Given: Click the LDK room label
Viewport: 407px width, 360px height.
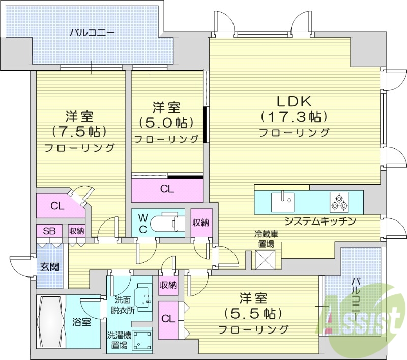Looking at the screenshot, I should tap(294, 100).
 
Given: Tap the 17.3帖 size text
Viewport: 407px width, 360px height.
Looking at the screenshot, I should tap(294, 117).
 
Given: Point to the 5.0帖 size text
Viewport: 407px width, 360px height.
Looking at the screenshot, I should tap(166, 123).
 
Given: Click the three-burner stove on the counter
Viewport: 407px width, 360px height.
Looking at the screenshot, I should tap(339, 202).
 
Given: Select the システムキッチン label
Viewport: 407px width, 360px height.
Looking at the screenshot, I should tap(319, 221).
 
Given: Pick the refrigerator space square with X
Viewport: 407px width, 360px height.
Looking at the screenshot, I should tap(265, 260).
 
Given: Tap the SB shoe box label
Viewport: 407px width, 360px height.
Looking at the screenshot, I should tap(49, 231).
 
